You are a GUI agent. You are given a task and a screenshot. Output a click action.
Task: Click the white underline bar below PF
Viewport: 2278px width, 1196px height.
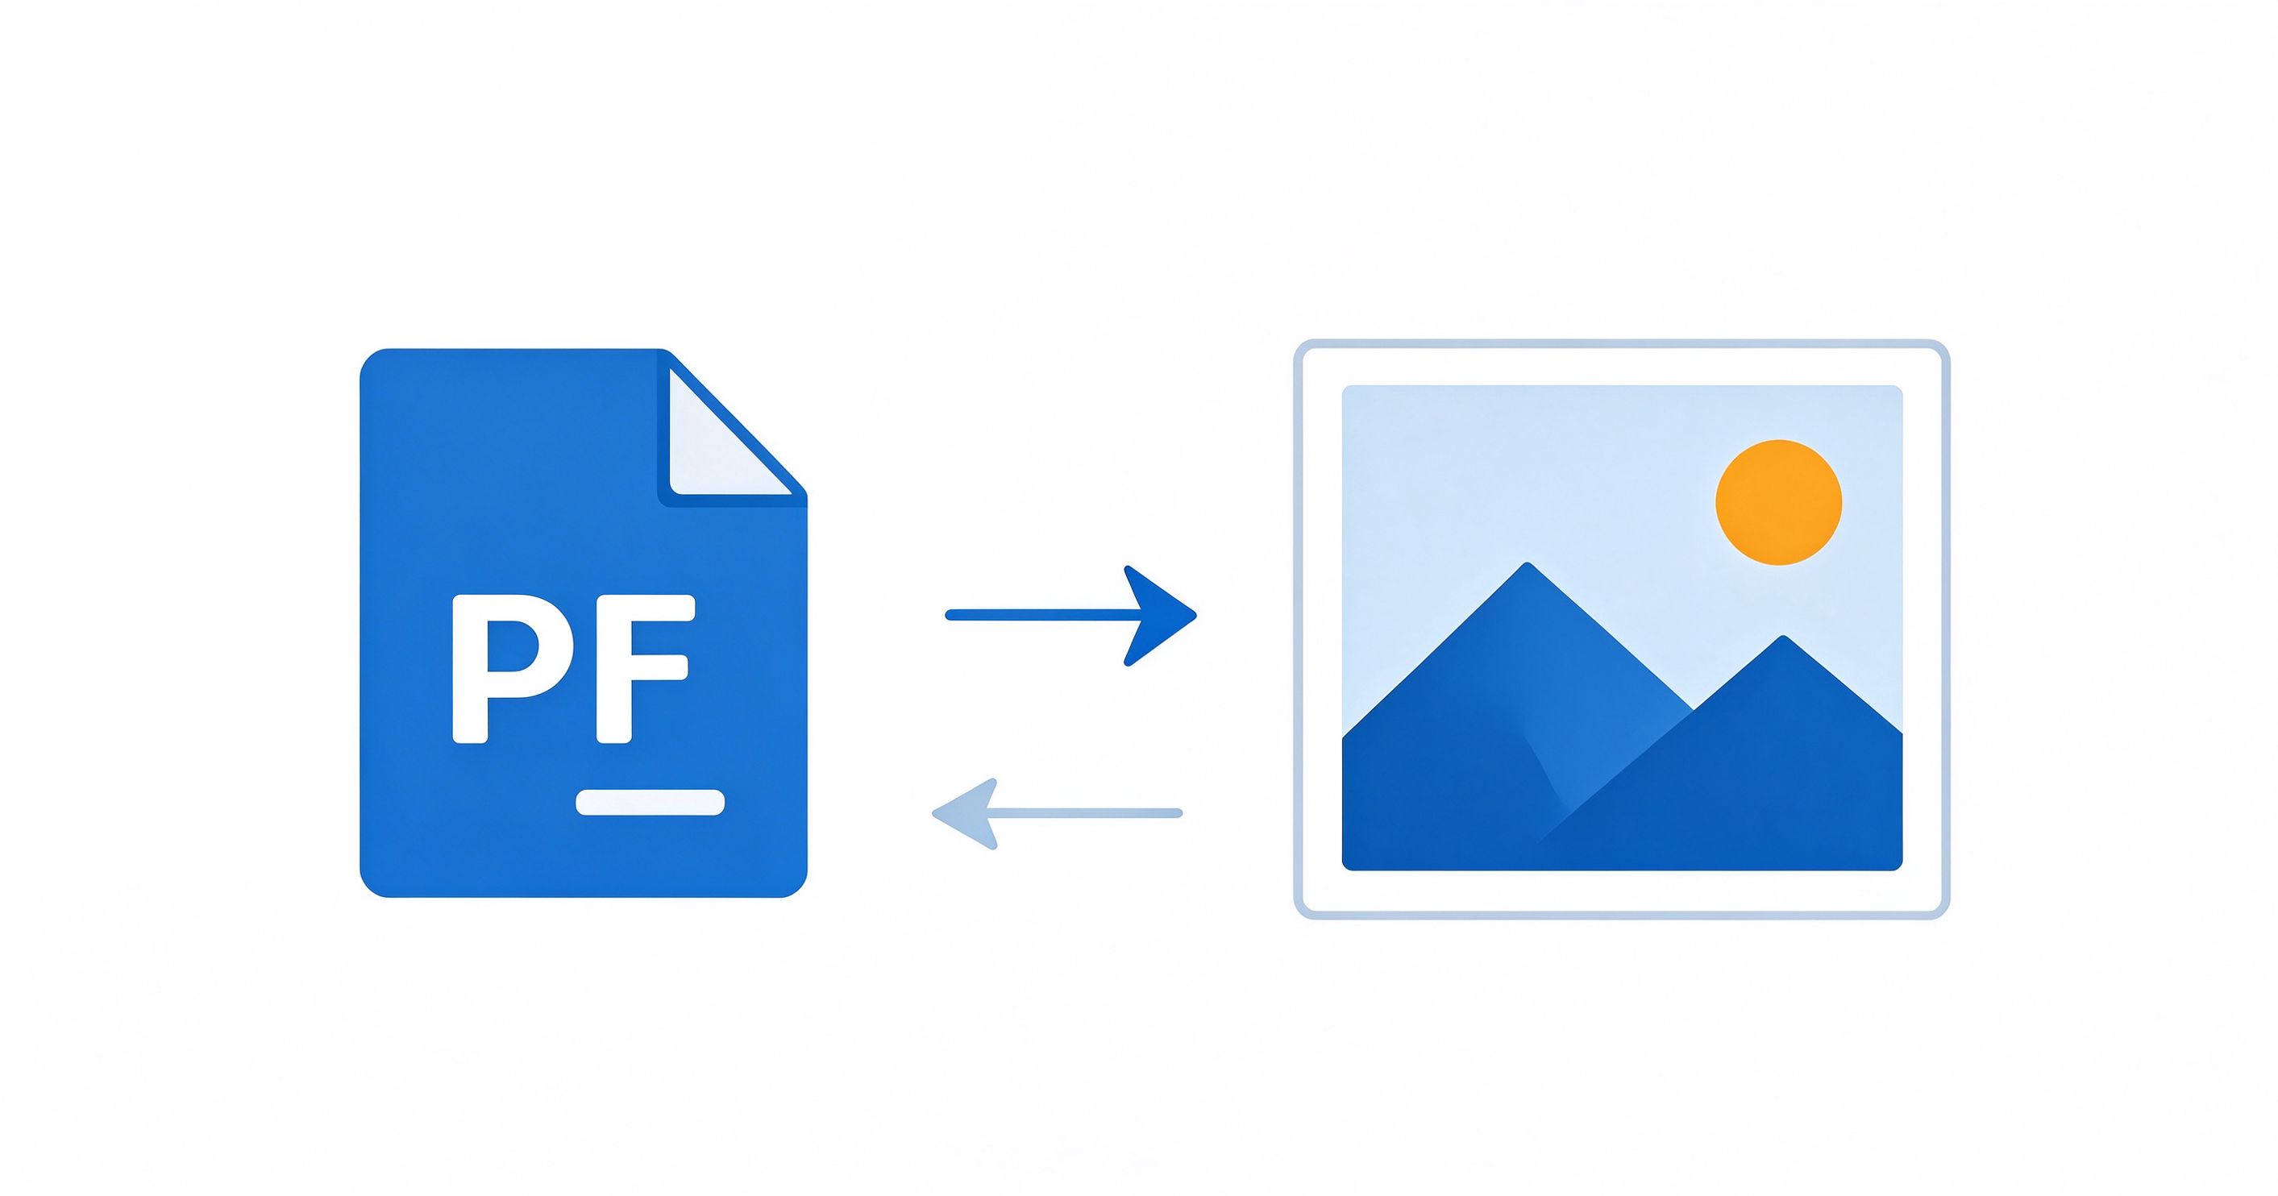(650, 803)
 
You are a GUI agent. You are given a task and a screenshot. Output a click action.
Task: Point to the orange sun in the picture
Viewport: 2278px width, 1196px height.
(1778, 502)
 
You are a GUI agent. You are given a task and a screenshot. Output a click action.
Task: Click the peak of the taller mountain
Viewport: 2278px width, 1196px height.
(1527, 564)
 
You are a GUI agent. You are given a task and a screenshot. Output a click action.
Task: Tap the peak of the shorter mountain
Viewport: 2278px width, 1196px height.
(1783, 637)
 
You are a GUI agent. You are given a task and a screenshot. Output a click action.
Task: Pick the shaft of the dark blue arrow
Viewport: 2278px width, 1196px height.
(1044, 615)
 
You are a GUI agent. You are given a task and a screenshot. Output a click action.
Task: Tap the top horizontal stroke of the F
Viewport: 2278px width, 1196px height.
(646, 608)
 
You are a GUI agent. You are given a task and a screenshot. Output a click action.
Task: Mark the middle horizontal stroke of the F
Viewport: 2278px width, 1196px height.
(643, 668)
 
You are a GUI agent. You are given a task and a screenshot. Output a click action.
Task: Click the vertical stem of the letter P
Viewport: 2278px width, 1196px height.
(470, 669)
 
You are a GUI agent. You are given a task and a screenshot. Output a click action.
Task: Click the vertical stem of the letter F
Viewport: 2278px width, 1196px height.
(613, 669)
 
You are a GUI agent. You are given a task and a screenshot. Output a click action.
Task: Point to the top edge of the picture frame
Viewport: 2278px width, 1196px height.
(1621, 345)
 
